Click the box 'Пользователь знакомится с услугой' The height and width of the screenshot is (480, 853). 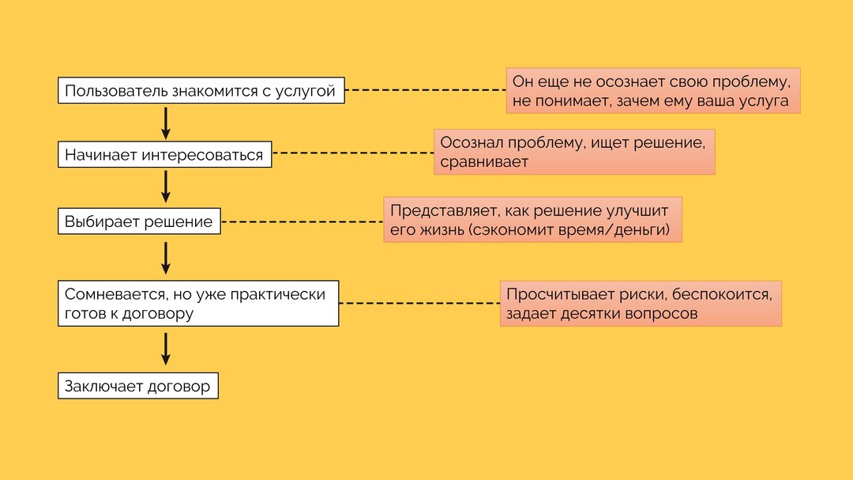tap(201, 90)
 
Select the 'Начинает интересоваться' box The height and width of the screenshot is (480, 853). tap(165, 155)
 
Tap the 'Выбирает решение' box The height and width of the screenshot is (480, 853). tap(139, 221)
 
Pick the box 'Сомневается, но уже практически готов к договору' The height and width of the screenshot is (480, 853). tap(198, 304)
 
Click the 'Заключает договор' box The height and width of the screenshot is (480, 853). tap(138, 386)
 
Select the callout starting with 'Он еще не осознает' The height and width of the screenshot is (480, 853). tap(653, 90)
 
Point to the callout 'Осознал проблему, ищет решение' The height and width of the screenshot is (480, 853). tap(574, 152)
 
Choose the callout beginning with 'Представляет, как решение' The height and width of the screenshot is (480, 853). tap(532, 220)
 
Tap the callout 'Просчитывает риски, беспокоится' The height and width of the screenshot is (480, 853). tap(641, 304)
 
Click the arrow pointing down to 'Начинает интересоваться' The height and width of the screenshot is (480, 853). tap(166, 123)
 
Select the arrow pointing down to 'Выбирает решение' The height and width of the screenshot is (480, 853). tap(166, 187)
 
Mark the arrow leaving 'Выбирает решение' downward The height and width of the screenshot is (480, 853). tap(166, 259)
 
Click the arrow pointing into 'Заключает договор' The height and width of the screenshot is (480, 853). tap(166, 349)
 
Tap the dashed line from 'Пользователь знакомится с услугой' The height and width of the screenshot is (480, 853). tap(426, 90)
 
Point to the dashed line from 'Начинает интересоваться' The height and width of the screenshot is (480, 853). tap(353, 153)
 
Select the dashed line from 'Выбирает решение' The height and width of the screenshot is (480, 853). tap(302, 221)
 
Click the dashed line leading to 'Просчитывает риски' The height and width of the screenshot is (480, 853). tap(419, 303)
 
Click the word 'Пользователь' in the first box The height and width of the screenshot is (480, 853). tap(116, 90)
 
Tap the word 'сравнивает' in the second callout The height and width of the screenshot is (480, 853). tap(484, 162)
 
